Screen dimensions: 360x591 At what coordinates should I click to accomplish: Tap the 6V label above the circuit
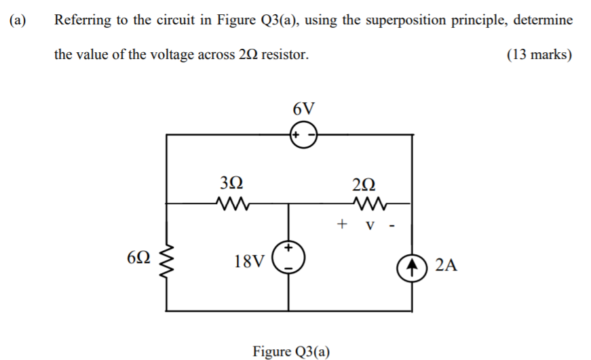(304, 108)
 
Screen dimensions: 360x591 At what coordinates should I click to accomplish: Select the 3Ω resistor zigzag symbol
(229, 201)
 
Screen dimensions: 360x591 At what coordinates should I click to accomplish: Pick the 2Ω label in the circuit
(364, 182)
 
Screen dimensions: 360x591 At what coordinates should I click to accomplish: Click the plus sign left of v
(343, 222)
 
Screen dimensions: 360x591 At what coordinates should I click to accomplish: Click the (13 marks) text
(539, 54)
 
